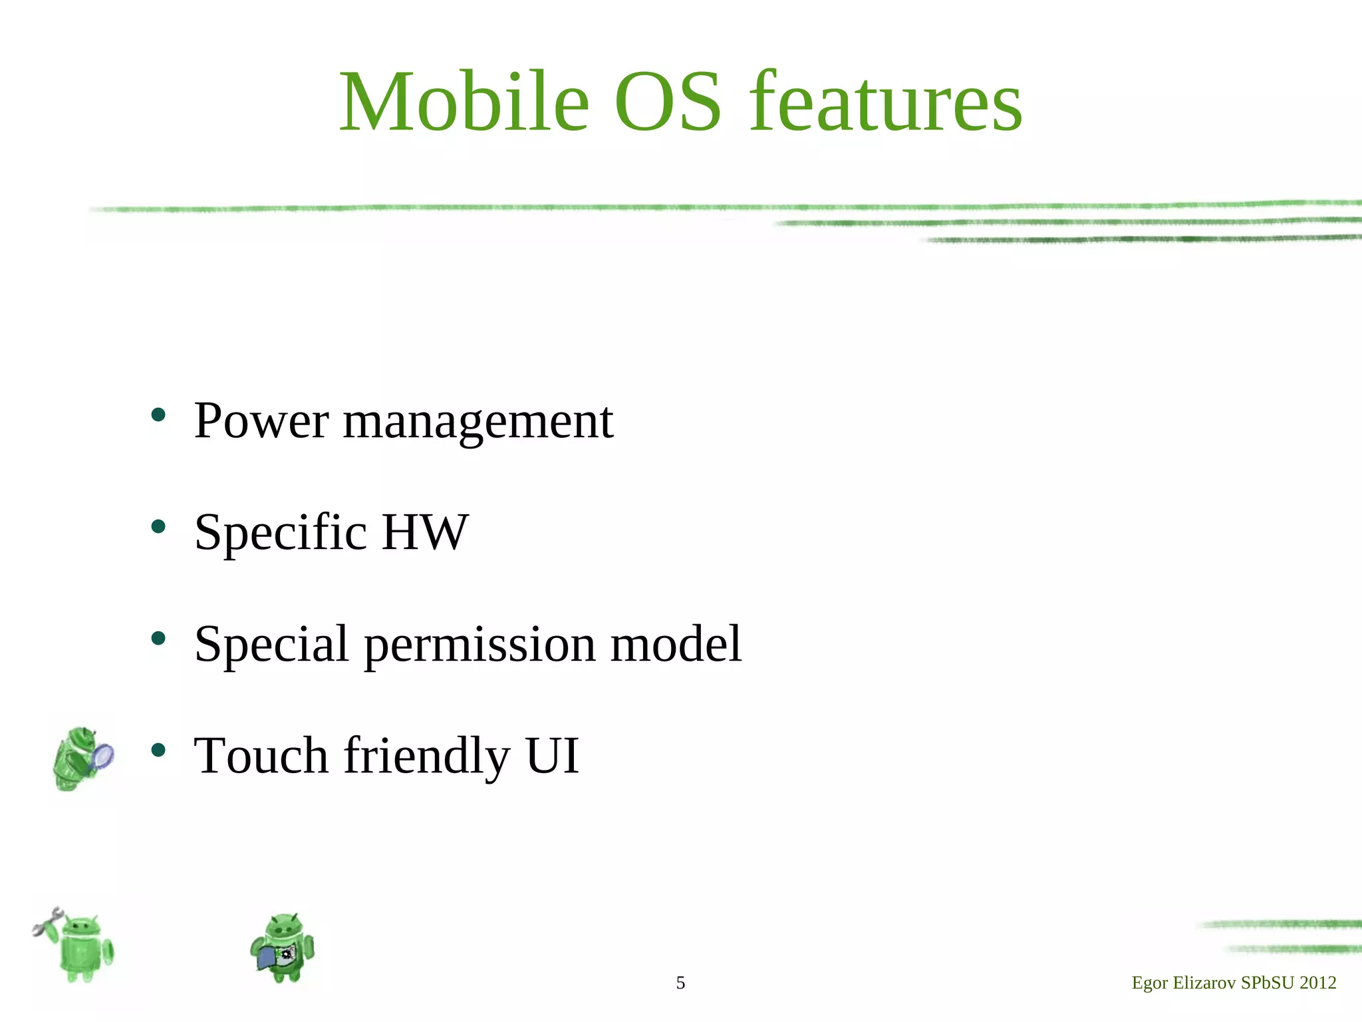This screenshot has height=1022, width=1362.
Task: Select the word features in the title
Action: click(x=885, y=103)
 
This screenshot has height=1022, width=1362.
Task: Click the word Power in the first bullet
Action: click(x=261, y=421)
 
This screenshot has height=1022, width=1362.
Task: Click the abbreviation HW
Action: click(x=425, y=532)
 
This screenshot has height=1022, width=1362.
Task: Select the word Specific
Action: click(x=280, y=534)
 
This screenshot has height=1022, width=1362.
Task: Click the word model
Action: click(x=675, y=643)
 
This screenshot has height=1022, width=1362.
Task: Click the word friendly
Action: click(x=426, y=757)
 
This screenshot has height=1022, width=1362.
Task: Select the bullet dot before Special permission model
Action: click(x=158, y=639)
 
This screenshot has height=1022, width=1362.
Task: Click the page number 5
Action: click(x=680, y=983)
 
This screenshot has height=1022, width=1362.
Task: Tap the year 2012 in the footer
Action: click(x=1317, y=983)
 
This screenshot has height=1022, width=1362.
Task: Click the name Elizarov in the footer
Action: click(x=1204, y=983)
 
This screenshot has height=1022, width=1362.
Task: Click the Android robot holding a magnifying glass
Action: click(x=81, y=759)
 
